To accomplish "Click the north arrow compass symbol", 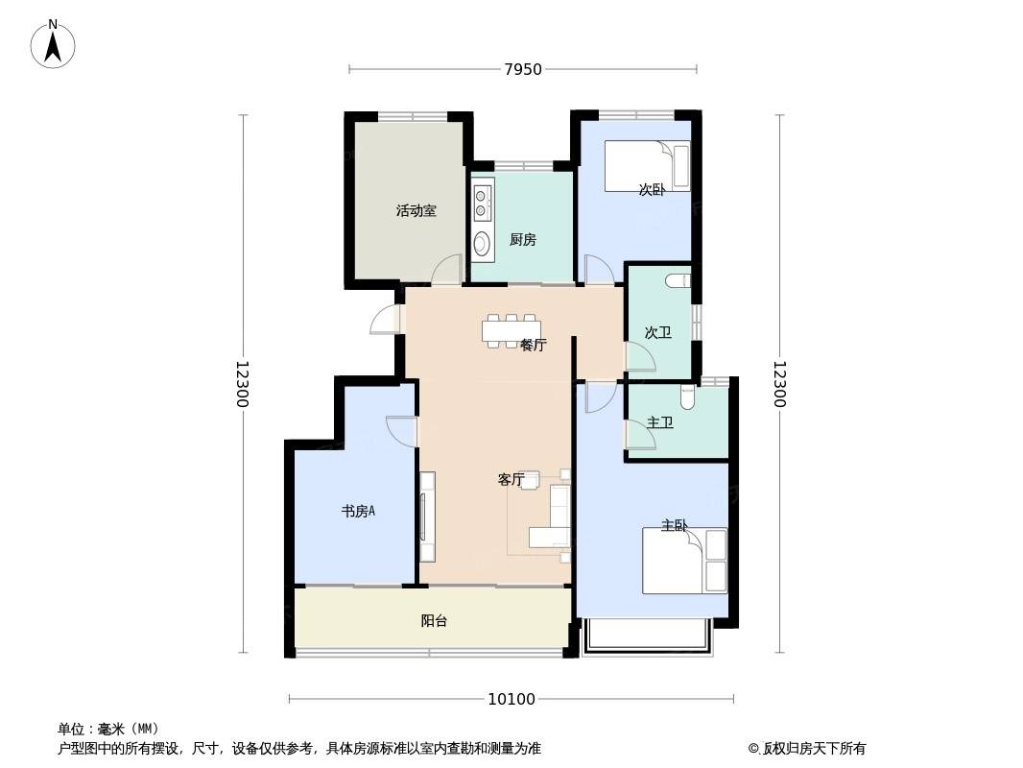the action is pos(53,44).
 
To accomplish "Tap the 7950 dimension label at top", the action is pos(523,69).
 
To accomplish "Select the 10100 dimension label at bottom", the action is pos(511,700).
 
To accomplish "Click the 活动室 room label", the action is pos(416,211).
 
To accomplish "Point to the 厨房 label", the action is pos(523,239).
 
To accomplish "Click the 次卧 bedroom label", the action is pos(652,190).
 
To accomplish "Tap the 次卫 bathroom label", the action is pos(657,332).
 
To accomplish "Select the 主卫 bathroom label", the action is pos(660,422).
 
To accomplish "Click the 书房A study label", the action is pos(358,511).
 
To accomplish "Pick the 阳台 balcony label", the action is pos(434,620).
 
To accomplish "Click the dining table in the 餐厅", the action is pos(512,331).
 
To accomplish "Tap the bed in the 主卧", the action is pos(684,561).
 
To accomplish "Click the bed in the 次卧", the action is pos(647,166).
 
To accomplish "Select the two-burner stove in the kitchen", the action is pos(482,203).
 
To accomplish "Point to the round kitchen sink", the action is pos(482,244).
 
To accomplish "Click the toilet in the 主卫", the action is pos(688,396).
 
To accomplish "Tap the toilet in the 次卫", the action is pos(678,281).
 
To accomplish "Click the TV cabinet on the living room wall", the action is pos(427,516).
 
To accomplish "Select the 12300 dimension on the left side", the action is pos(242,384).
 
